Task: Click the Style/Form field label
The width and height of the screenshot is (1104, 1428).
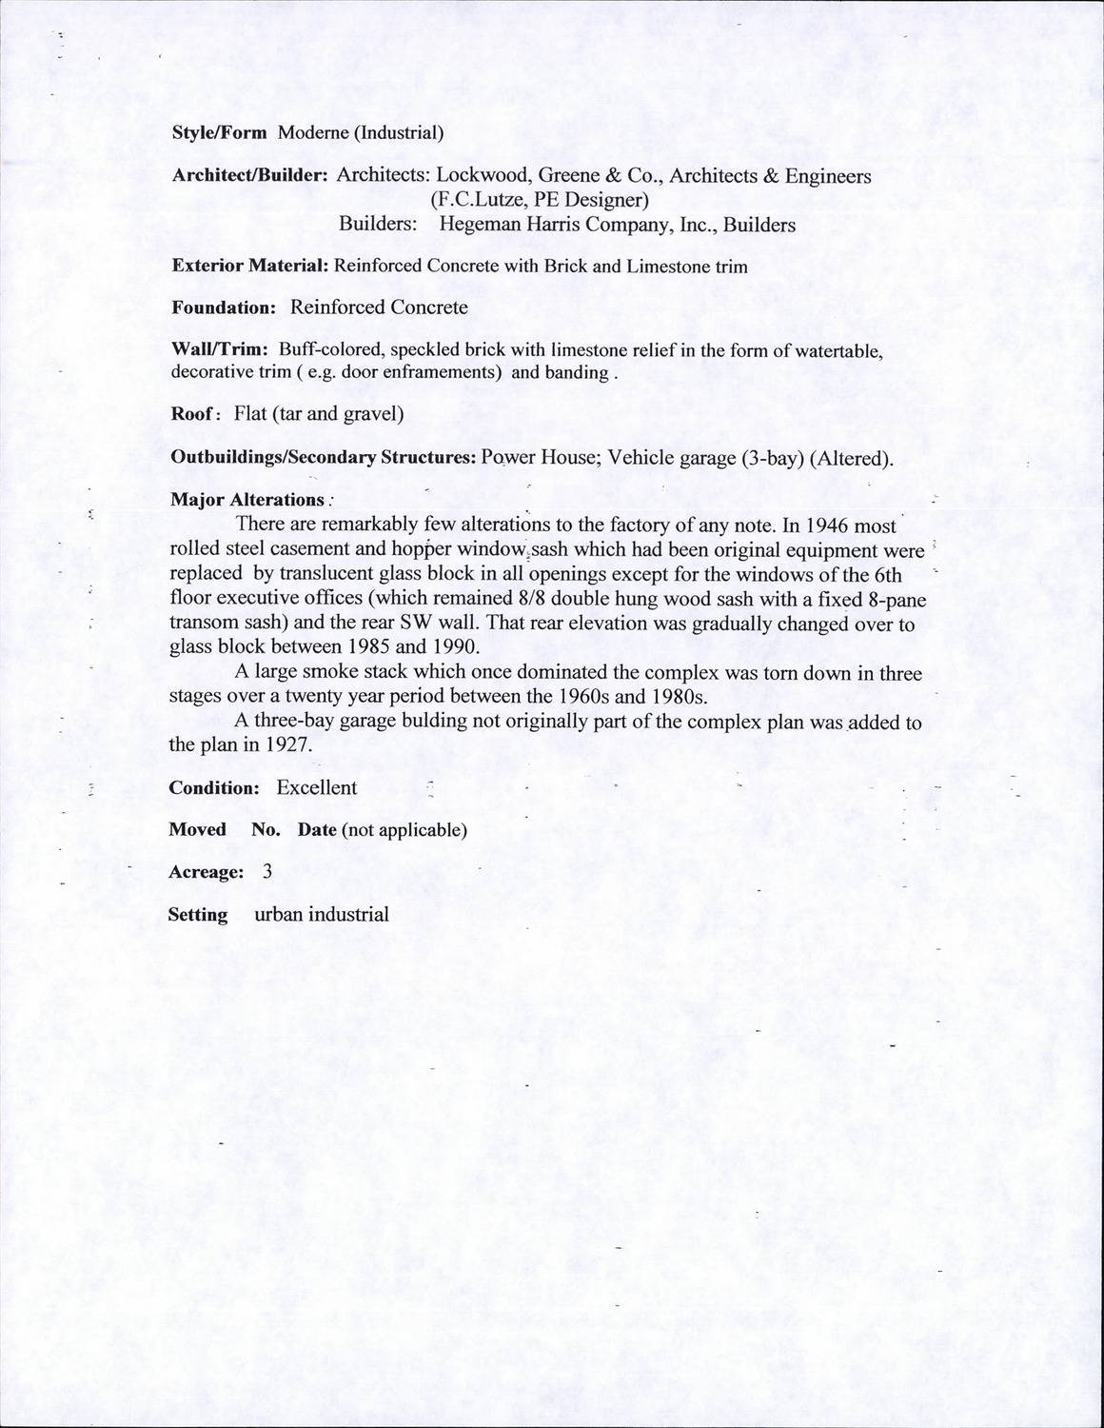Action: (219, 133)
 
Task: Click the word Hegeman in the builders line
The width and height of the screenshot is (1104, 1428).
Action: (478, 226)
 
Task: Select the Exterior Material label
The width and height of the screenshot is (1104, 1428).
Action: (250, 267)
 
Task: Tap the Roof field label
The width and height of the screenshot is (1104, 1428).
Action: (197, 414)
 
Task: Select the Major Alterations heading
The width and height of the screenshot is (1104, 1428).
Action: (247, 500)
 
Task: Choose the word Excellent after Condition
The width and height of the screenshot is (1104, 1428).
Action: (317, 788)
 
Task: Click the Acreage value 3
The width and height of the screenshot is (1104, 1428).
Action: (266, 872)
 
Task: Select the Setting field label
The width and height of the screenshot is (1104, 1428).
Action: (198, 915)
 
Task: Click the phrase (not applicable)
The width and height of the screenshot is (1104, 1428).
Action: (404, 830)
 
